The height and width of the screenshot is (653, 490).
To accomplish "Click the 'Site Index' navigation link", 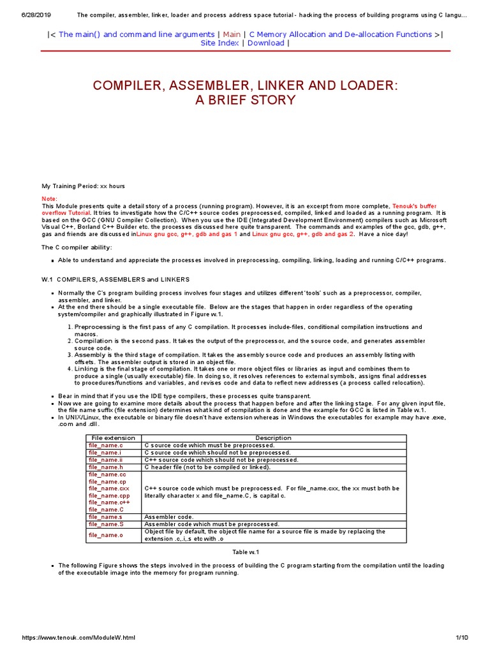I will click(219, 43).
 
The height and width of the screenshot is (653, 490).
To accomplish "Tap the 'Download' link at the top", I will click(265, 43).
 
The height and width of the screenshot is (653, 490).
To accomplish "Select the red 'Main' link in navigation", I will click(232, 34).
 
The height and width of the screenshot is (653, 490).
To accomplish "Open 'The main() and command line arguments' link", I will click(136, 34).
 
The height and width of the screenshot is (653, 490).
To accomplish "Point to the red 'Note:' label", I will click(49, 199).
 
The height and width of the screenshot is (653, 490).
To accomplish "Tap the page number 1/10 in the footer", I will click(462, 638).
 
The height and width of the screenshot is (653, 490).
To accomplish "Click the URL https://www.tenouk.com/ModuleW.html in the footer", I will click(78, 638).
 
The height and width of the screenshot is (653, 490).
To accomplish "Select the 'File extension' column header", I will click(114, 438).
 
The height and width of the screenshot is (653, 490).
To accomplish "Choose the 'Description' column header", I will click(273, 438).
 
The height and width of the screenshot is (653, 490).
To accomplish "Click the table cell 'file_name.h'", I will click(105, 467).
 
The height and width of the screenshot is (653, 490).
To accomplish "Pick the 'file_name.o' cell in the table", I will click(105, 535).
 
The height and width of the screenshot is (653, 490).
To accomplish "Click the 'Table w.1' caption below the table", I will click(246, 552).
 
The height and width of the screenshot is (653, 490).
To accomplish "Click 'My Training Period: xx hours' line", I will click(83, 186).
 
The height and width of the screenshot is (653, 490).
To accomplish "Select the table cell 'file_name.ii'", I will click(105, 459).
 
